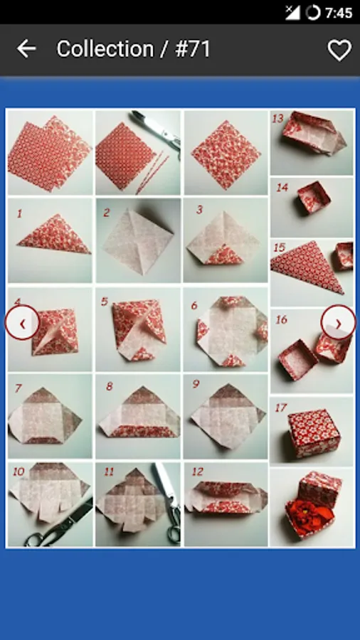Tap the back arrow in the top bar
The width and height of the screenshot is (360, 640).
(x=26, y=49)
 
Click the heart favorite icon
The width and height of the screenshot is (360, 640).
(x=339, y=50)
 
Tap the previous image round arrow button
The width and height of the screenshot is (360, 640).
(x=23, y=323)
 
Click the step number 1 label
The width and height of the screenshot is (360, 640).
(x=19, y=213)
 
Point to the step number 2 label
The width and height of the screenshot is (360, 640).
(x=107, y=213)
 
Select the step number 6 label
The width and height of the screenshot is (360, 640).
(x=194, y=305)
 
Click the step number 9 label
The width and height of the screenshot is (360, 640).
(x=196, y=384)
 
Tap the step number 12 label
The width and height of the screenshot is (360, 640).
(x=198, y=472)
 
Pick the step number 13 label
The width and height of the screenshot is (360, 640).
(x=278, y=119)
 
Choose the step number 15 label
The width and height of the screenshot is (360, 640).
(x=280, y=247)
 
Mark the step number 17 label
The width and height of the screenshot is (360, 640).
(x=281, y=407)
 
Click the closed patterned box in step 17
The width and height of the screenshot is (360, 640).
(x=314, y=433)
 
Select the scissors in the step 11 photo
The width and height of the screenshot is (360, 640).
(x=169, y=502)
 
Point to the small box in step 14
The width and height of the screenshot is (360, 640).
(x=314, y=197)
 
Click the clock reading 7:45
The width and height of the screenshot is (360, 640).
(x=339, y=13)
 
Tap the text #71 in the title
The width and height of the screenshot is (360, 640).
(x=193, y=49)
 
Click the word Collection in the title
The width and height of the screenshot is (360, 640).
(x=105, y=49)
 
